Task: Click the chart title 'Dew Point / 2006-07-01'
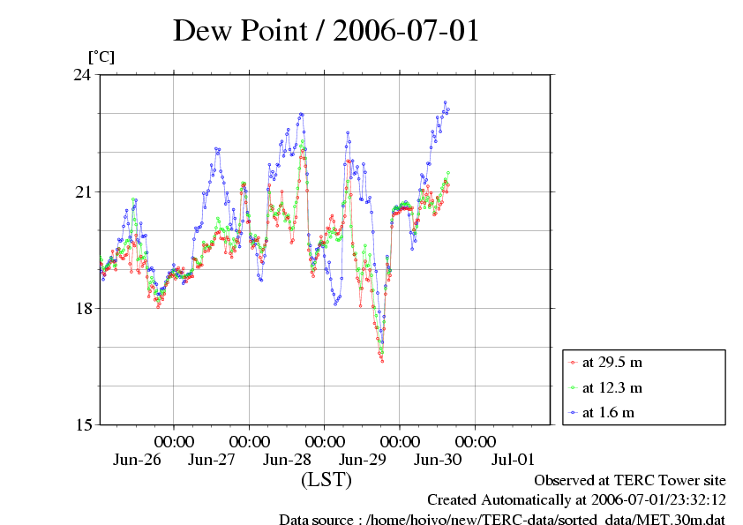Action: click(326, 31)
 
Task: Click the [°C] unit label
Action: click(100, 57)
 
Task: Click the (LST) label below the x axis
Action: click(326, 481)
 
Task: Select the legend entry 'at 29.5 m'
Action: click(612, 362)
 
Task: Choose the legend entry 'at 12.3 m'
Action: click(612, 387)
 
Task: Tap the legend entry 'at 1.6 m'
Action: click(608, 412)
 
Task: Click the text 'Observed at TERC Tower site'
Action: click(629, 481)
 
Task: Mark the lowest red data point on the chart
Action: click(382, 361)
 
